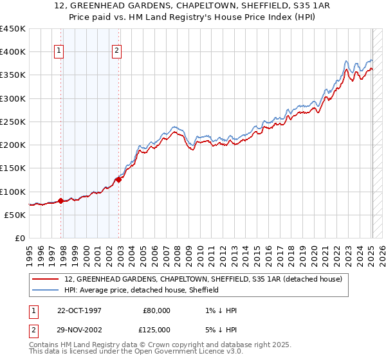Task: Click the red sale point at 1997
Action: [61, 201]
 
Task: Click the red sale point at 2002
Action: [119, 180]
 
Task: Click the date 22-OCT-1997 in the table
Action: [78, 310]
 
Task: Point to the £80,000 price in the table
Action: [158, 310]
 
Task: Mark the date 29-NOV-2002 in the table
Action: [78, 330]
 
